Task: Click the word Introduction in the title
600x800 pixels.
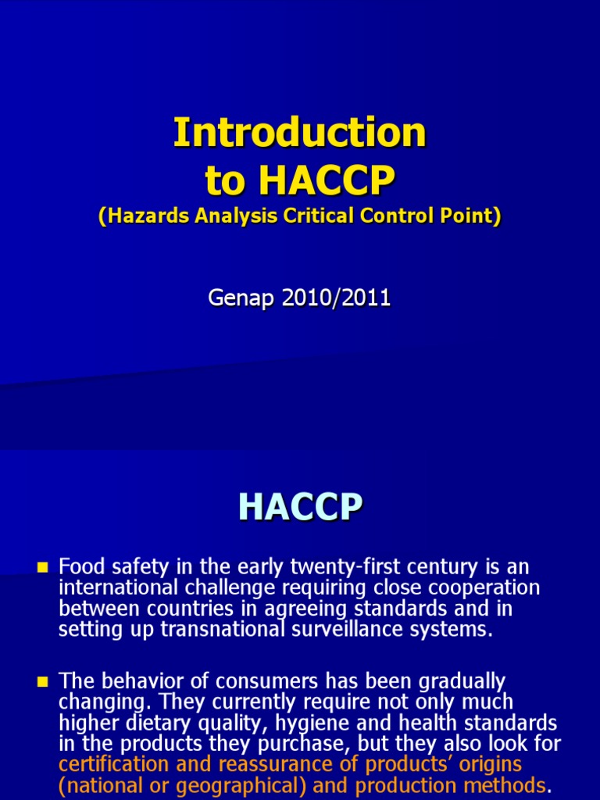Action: [x=300, y=133]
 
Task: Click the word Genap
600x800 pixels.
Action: [x=237, y=298]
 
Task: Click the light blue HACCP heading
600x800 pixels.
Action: [x=300, y=508]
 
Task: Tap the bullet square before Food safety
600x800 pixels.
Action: [x=42, y=566]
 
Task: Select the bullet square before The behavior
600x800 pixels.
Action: [x=42, y=682]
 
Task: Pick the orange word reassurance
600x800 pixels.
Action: [x=266, y=763]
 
